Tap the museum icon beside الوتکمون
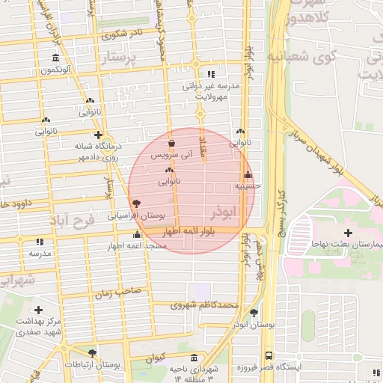[56, 58]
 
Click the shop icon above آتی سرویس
[172, 143]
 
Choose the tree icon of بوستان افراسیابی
[136, 203]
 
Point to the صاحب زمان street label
[113, 295]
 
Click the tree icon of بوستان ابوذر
[254, 313]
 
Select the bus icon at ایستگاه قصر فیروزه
[269, 356]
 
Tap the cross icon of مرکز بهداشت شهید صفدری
[38, 309]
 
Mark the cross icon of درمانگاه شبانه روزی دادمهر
[98, 135]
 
